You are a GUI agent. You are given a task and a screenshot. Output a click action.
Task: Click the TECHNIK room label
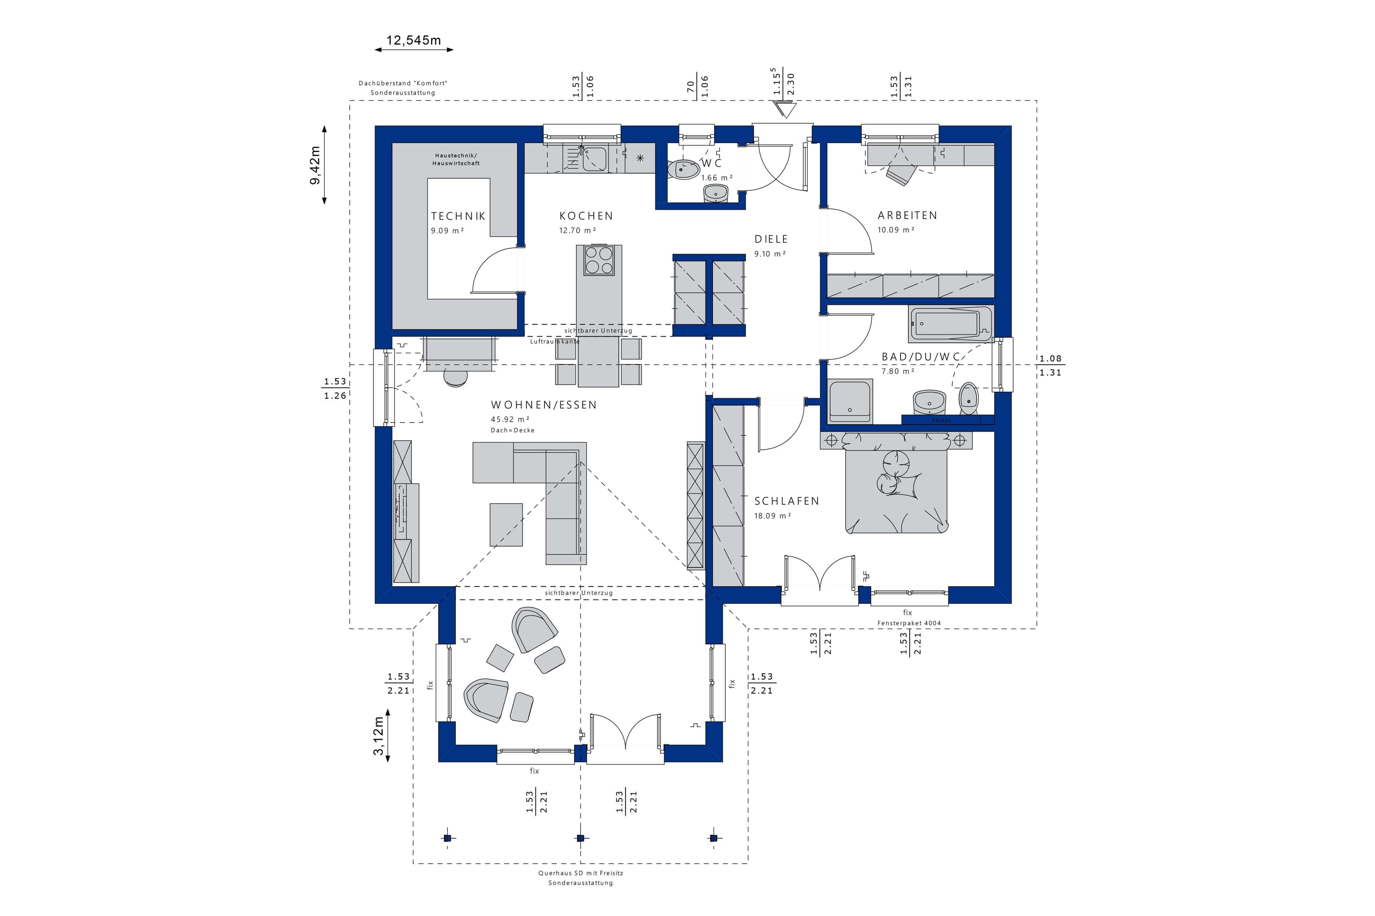[x=458, y=216]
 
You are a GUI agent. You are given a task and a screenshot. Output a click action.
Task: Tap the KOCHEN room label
[x=586, y=216]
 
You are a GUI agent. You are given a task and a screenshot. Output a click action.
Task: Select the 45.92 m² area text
[x=510, y=419]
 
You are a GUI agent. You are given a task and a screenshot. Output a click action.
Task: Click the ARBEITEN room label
[x=907, y=216]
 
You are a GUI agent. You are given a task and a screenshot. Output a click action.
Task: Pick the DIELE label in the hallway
[x=771, y=239]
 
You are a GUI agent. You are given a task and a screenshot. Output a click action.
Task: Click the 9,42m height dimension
[x=315, y=165]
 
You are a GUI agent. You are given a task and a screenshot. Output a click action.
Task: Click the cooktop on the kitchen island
[x=599, y=260]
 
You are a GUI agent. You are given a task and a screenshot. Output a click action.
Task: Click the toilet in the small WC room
[x=682, y=169]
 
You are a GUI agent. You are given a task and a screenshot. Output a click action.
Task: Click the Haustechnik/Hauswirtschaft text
[x=456, y=159]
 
